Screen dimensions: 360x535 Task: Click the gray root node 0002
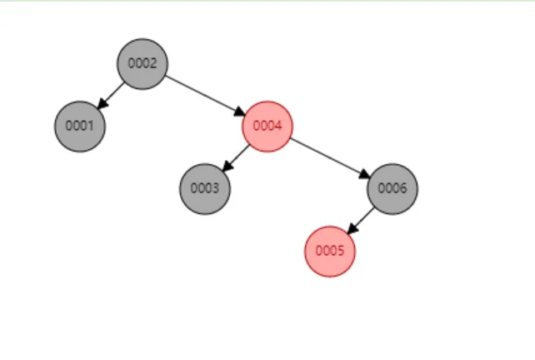point(142,63)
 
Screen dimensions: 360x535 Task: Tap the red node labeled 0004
point(267,126)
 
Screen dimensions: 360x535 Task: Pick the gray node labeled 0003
point(205,188)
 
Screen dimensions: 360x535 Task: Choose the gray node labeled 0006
point(392,188)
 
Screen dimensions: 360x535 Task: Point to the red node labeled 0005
point(330,251)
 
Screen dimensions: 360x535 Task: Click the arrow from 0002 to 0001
point(112,93)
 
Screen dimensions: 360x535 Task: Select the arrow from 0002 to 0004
point(204,94)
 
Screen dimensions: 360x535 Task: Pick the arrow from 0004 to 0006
point(329,157)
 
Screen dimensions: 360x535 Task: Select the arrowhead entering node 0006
point(364,174)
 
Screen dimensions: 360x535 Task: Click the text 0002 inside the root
point(142,63)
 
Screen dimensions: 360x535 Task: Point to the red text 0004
point(267,126)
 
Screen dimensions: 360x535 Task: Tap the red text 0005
point(330,251)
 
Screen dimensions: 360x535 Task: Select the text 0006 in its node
point(392,188)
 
